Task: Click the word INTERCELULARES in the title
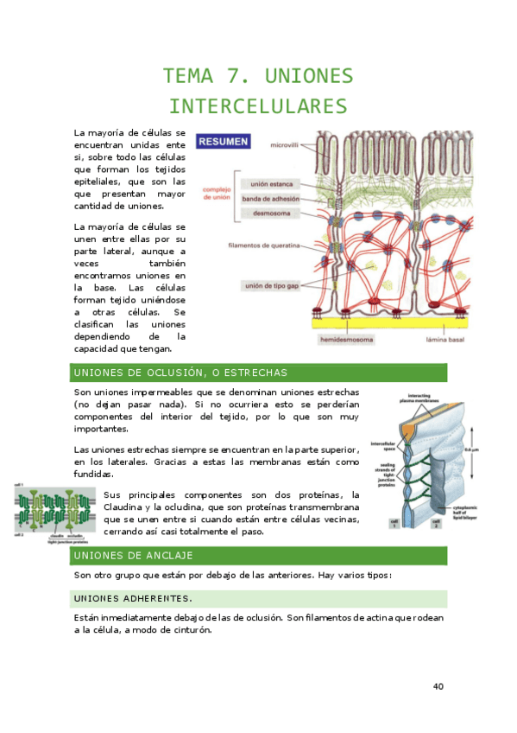point(258,107)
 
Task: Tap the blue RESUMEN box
point(223,141)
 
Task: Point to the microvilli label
point(286,145)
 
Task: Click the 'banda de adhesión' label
point(271,199)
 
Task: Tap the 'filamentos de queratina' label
point(264,245)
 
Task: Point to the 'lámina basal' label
point(445,341)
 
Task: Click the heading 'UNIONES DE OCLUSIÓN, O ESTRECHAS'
point(181,373)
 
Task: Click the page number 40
point(438,686)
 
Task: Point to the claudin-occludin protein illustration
point(54,511)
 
